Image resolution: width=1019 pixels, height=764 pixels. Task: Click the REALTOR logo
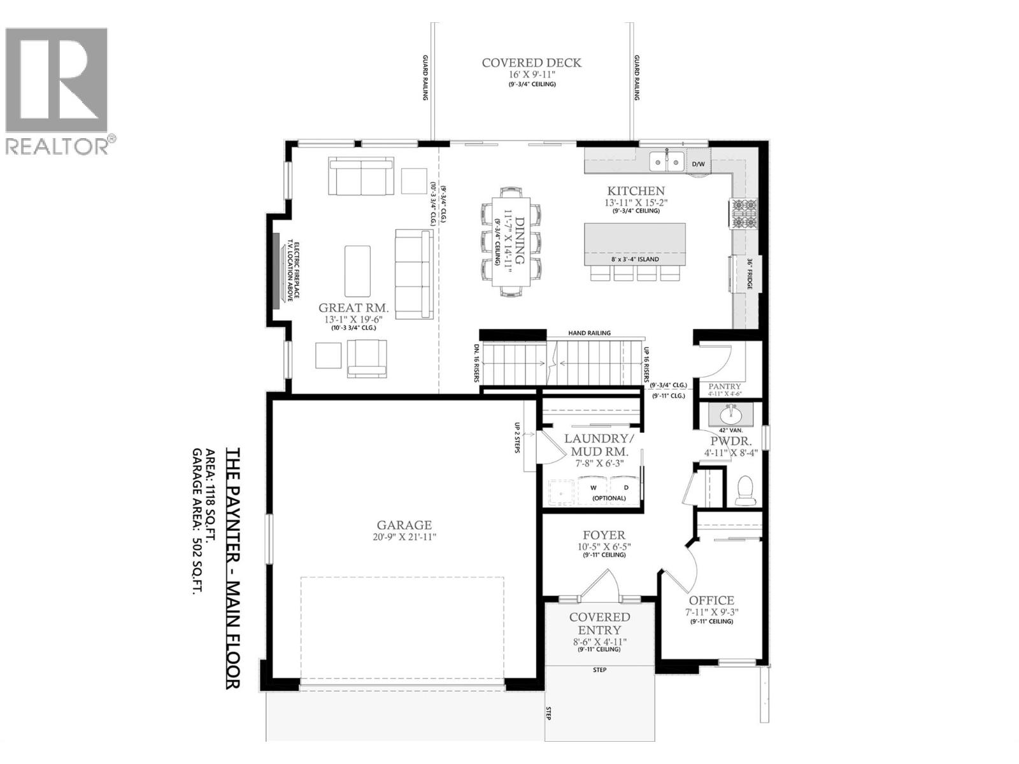click(57, 89)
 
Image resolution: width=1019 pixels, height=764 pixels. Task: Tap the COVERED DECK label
click(531, 63)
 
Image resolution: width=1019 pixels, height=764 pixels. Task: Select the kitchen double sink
click(666, 162)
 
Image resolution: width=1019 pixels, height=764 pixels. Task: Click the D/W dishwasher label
click(699, 164)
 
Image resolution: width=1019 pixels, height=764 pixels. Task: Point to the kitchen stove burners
click(743, 214)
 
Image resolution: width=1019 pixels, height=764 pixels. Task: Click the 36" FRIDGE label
click(750, 274)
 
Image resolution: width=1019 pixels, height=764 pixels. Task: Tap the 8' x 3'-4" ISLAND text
click(634, 259)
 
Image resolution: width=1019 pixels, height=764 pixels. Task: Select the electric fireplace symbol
click(276, 271)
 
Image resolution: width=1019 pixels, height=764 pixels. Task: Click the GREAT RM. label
click(353, 308)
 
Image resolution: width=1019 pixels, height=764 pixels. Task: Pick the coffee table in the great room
click(357, 271)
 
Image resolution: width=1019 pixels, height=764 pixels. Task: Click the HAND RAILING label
click(589, 333)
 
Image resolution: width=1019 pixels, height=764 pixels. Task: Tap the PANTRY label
click(725, 386)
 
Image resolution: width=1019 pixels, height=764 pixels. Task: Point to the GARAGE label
click(404, 525)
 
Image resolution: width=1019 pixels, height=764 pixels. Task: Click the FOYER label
click(604, 535)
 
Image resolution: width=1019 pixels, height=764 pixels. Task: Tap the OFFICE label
click(711, 600)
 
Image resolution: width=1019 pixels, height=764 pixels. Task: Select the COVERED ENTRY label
click(599, 623)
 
